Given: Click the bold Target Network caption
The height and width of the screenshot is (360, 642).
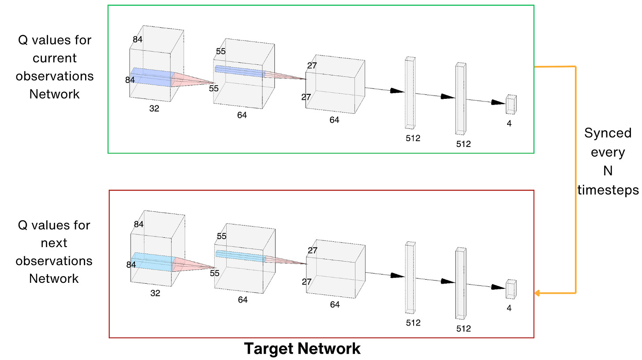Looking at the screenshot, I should pos(302,349).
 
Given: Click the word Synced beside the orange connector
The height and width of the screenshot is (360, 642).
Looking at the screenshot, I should pos(608,133).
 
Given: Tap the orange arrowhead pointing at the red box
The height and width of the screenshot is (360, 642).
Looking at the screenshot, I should pos(537,293).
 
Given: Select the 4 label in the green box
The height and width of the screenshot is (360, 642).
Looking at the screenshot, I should pos(509,124).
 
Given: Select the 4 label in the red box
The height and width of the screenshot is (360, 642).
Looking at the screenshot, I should pos(509,309).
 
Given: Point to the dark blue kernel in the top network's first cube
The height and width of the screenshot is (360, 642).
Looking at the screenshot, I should pos(150,77).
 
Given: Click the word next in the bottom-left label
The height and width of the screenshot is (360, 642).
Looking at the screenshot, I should pos(54,243).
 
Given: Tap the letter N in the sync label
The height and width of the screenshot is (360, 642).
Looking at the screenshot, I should pos(608,171).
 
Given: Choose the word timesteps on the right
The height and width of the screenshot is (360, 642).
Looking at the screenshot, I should pos(608,190).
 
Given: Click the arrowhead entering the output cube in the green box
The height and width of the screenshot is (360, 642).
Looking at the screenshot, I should pos(499,102).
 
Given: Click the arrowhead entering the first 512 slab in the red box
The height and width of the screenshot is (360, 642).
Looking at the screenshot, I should pos(399,276).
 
